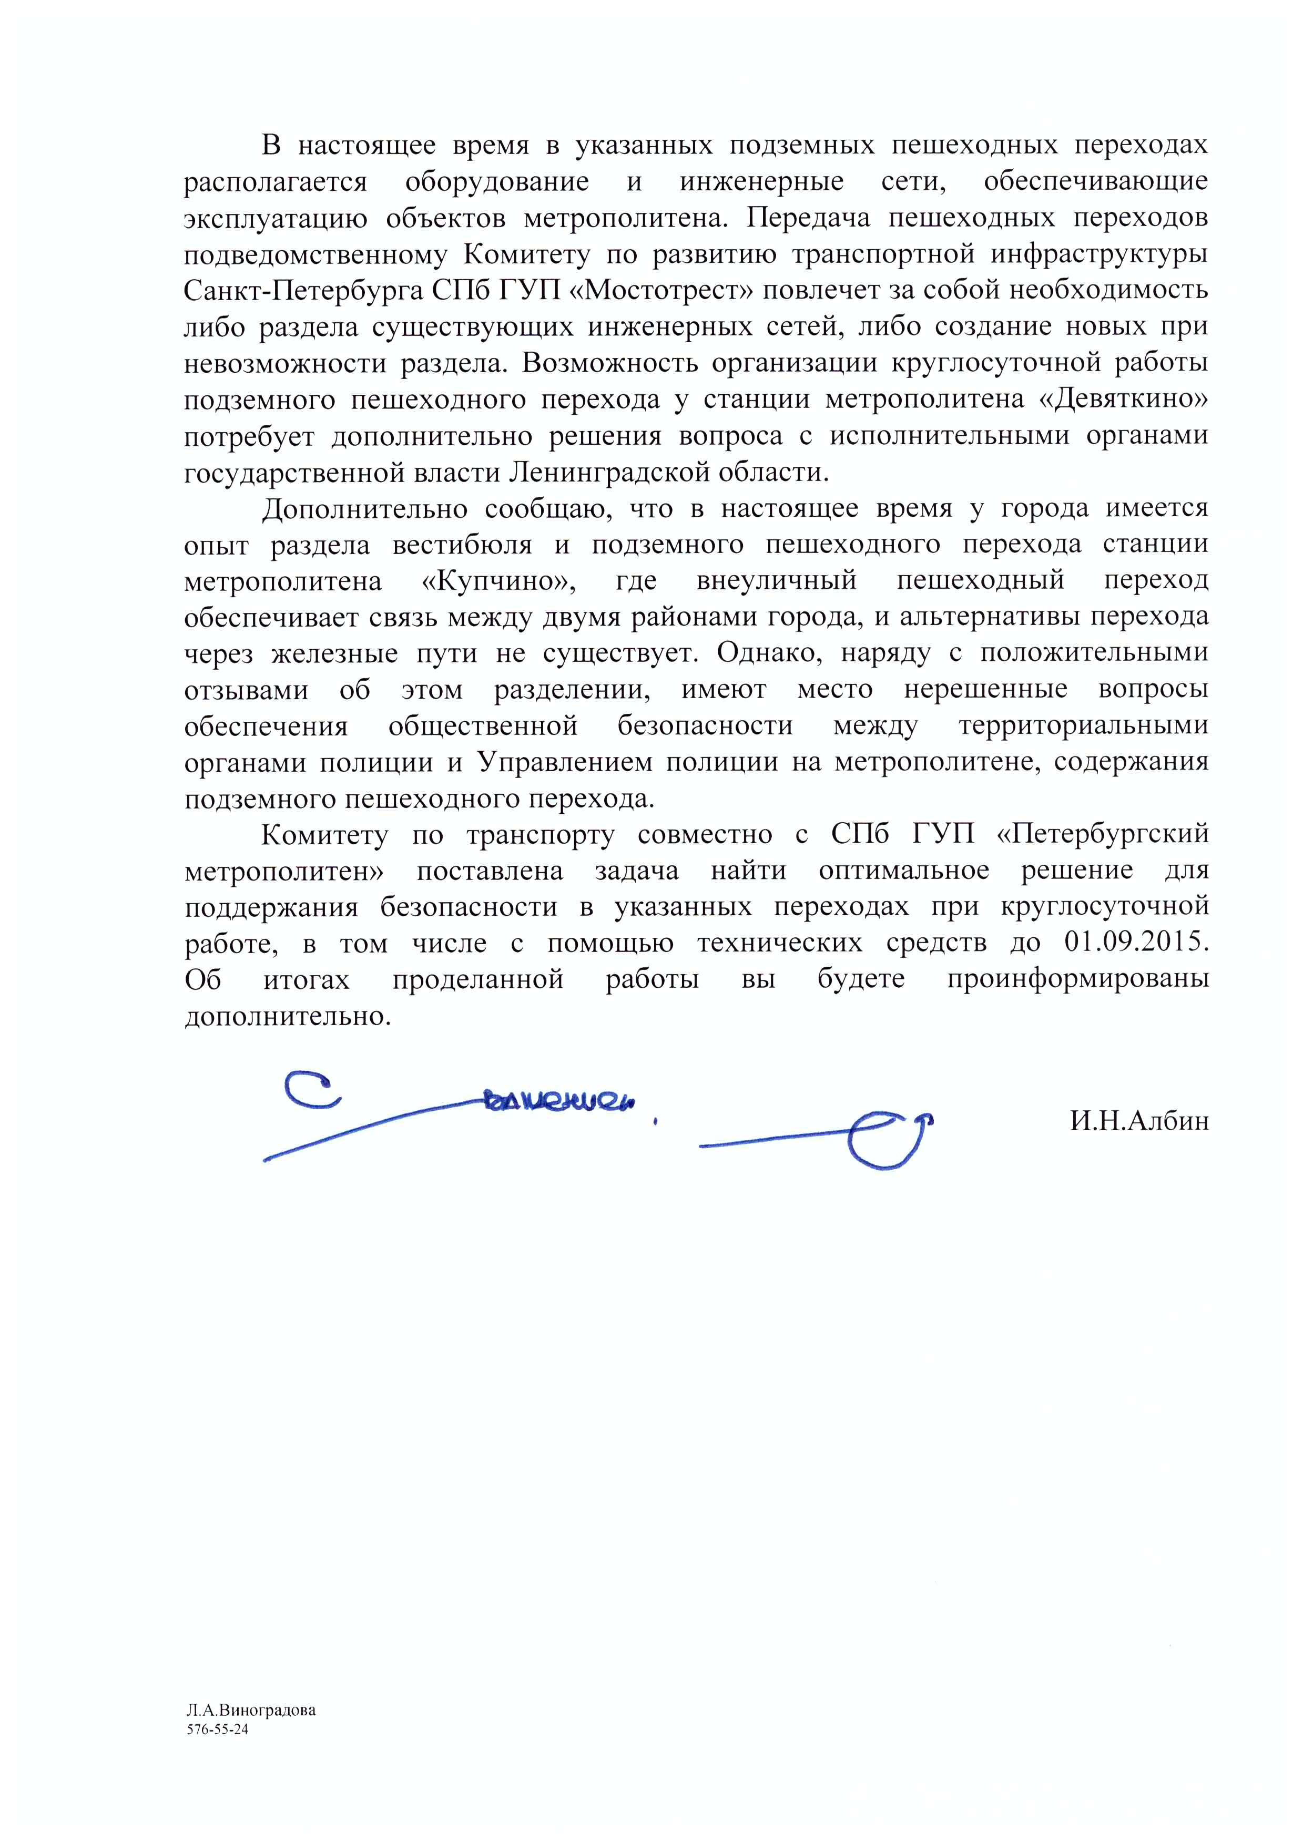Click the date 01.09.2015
(1135, 943)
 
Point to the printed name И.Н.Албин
(1138, 1121)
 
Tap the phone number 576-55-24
(218, 1730)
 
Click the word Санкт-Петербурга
(303, 290)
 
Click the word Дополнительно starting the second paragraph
(364, 509)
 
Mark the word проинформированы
(1077, 979)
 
